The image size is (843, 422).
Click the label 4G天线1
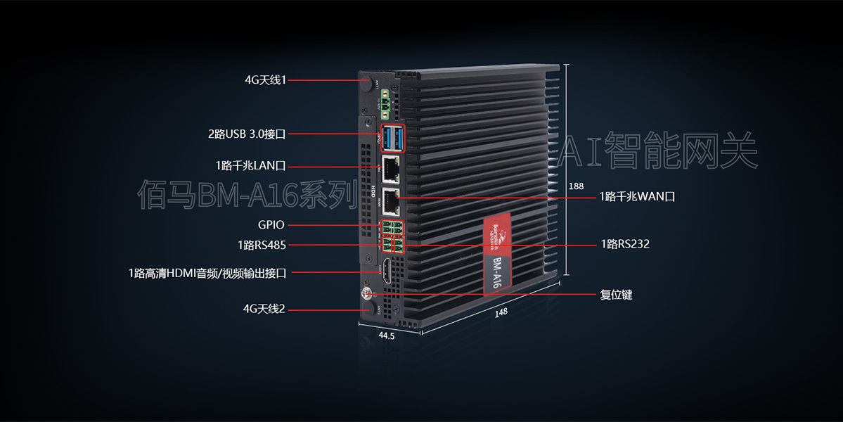[x=265, y=80]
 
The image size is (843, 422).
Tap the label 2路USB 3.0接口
[x=247, y=133]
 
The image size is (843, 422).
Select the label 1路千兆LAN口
[x=251, y=166]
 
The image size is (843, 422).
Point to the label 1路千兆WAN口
[x=637, y=197]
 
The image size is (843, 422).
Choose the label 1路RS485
[x=262, y=245]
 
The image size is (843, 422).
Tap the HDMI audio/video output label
[x=207, y=272]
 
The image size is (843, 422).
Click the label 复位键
[x=616, y=295]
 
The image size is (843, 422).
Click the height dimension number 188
[x=576, y=186]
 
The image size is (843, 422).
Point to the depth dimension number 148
[x=501, y=312]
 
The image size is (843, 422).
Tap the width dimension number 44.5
[x=387, y=336]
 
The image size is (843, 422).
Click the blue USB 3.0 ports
[x=393, y=138]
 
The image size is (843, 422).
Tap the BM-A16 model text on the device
[x=496, y=271]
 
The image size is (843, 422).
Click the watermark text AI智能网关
[x=659, y=150]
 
